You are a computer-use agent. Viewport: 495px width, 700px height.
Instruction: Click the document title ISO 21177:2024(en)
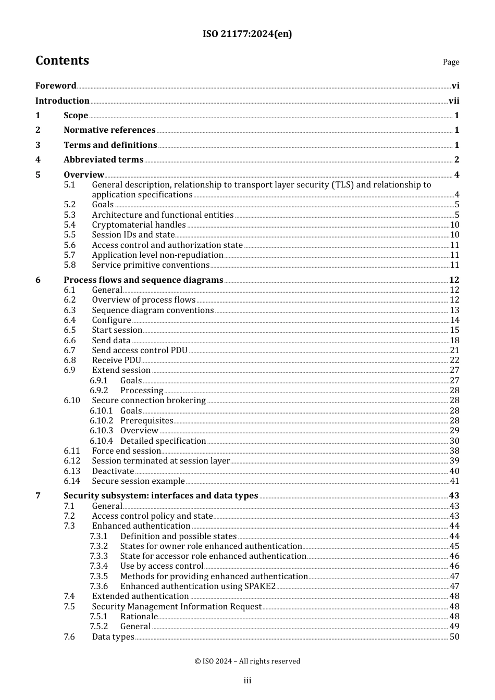point(247,34)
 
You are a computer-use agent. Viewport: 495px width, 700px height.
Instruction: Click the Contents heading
point(62,60)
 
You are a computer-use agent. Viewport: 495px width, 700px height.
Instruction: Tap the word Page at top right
point(451,62)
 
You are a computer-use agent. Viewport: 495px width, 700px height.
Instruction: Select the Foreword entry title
point(56,86)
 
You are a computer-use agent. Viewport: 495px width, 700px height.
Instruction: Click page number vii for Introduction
point(454,101)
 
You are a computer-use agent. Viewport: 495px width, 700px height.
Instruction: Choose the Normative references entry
point(109,130)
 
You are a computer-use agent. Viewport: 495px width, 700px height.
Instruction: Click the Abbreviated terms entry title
point(103,160)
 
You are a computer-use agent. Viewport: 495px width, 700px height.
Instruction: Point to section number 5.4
point(70,225)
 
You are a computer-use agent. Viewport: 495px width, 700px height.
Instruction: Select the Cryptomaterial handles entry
point(139,225)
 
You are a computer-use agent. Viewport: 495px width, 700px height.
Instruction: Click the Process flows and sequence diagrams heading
point(143,280)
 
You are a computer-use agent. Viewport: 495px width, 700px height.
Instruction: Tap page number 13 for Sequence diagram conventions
point(454,310)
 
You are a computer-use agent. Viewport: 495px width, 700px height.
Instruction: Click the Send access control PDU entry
point(140,351)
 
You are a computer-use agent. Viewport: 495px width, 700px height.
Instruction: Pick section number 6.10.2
point(101,421)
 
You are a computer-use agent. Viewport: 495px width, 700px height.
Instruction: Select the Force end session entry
point(127,451)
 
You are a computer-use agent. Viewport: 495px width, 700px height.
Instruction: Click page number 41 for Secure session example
point(454,481)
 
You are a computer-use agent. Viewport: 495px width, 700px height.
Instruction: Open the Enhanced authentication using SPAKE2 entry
point(197,586)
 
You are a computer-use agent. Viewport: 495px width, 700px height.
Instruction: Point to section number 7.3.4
point(98,566)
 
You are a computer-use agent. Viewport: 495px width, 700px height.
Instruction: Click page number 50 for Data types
point(454,636)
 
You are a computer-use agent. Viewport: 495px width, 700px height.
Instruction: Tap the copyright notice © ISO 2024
point(247,661)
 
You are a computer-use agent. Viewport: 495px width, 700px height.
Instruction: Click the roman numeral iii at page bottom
point(247,681)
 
